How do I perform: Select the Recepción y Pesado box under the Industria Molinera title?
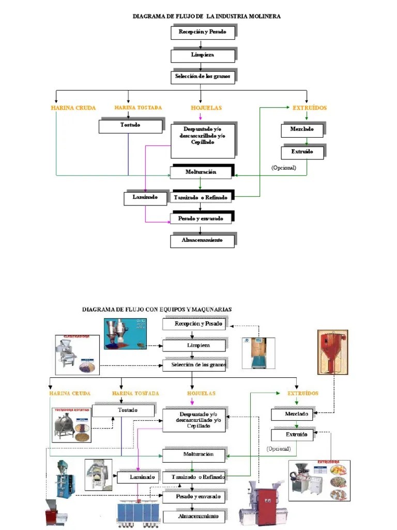click(203, 32)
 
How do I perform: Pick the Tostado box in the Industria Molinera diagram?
click(130, 125)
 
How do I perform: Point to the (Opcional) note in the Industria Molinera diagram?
click(284, 168)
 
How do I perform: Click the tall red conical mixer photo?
click(331, 352)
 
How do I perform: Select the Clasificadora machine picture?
click(77, 355)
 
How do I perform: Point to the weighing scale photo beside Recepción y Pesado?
click(258, 353)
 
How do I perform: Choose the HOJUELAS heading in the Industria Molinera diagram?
click(206, 108)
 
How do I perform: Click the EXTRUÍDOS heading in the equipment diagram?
click(302, 393)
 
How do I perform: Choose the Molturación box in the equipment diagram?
click(194, 455)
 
